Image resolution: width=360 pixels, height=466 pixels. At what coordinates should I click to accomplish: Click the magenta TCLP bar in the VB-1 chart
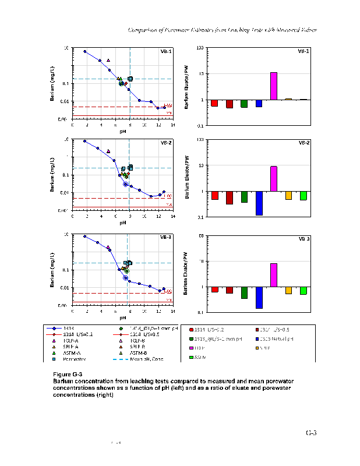(273, 86)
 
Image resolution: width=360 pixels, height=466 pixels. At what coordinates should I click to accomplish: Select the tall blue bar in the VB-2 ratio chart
(259, 203)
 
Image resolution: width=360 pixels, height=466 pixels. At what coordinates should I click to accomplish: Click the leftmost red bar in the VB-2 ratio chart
(215, 195)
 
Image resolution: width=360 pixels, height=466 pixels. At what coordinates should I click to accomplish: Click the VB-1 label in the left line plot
(165, 51)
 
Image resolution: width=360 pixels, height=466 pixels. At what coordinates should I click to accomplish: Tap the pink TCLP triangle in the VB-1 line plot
(108, 60)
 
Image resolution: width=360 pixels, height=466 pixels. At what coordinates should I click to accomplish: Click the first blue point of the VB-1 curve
(85, 51)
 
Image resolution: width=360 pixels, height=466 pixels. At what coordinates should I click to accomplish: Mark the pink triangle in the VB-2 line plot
(108, 151)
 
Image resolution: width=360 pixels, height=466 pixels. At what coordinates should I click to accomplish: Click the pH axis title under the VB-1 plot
(123, 131)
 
